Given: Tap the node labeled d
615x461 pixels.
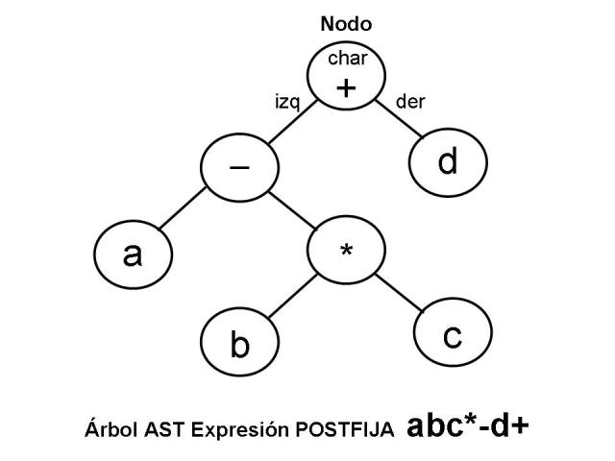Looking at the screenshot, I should click(x=448, y=162).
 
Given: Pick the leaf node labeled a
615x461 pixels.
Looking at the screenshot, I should click(x=134, y=255).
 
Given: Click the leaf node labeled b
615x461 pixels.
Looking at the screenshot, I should click(x=240, y=343).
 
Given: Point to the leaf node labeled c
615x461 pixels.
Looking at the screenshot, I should click(x=453, y=337).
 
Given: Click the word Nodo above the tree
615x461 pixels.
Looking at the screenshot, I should click(x=346, y=25).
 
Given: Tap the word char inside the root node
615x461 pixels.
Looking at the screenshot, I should click(x=347, y=59).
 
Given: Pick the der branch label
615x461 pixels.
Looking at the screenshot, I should click(x=410, y=101).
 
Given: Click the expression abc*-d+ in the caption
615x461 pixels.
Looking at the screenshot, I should click(x=467, y=426).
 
